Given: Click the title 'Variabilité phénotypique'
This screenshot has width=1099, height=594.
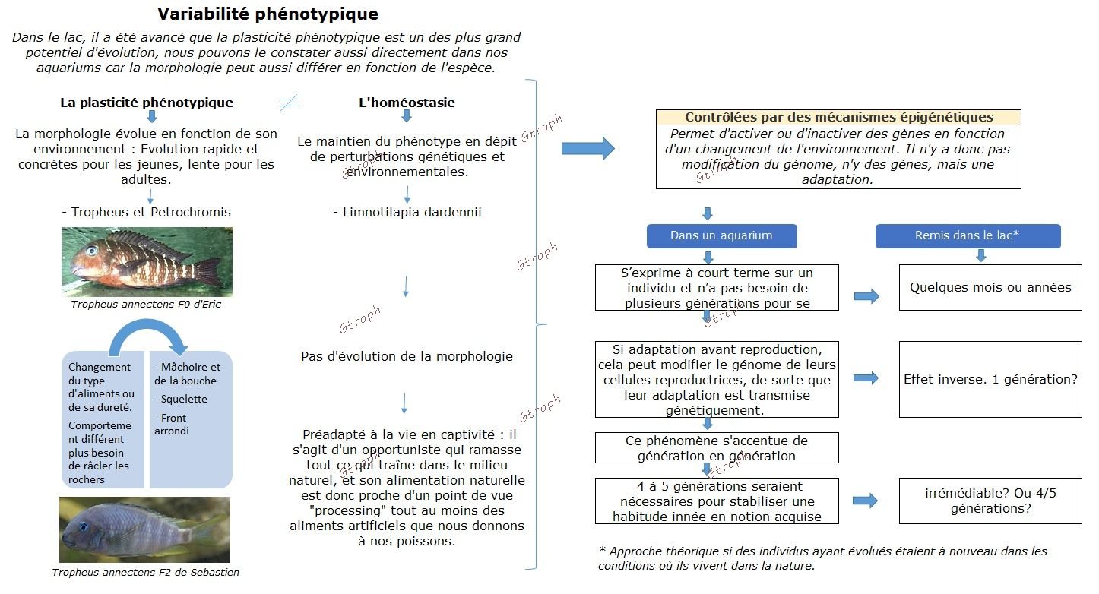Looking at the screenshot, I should (x=268, y=14).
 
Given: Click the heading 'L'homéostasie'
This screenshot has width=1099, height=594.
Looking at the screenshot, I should (x=407, y=103).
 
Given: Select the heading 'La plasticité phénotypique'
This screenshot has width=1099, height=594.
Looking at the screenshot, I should (x=147, y=103).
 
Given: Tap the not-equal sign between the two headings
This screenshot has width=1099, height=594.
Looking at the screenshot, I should (x=289, y=103).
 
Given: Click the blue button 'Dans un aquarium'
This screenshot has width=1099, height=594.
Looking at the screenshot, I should (x=721, y=235).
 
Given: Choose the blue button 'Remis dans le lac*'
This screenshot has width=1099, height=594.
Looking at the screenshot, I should (x=967, y=235).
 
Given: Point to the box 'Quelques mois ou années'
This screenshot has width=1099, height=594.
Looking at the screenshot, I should (x=990, y=287).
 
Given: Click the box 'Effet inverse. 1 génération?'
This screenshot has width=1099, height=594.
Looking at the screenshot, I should (x=990, y=379).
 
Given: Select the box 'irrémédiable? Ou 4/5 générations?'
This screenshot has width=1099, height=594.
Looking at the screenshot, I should (x=990, y=501).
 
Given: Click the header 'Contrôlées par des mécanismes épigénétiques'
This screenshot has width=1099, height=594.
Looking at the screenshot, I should (x=838, y=118).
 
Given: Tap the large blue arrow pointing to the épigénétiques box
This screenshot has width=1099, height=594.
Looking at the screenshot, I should (x=587, y=148).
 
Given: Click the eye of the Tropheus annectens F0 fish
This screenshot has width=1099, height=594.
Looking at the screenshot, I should (x=92, y=250).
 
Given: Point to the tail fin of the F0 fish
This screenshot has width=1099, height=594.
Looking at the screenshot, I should (x=209, y=270).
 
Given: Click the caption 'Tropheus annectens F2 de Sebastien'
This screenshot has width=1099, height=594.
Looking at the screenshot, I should (x=145, y=573).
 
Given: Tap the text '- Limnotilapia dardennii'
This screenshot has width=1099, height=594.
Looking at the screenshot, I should (x=407, y=212).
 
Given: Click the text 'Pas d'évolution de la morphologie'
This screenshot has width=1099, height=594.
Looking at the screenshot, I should (x=407, y=356).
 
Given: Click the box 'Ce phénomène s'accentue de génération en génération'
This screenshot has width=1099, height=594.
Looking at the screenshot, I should (x=717, y=448).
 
